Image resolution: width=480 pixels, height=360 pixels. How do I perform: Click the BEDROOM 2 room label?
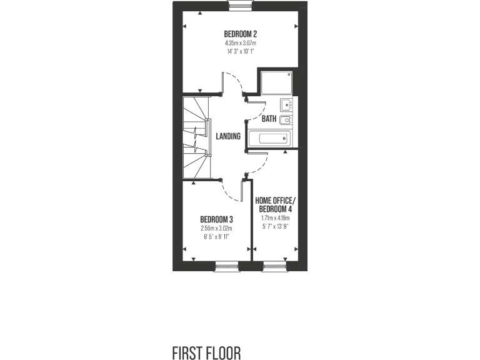click(x=241, y=34)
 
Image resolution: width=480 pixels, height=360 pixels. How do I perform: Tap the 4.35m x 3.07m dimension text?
click(x=241, y=43)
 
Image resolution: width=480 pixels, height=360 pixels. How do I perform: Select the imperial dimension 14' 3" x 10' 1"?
click(x=241, y=52)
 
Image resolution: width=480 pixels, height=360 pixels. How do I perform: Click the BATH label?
click(x=269, y=119)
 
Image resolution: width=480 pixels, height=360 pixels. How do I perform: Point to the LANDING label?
click(x=228, y=136)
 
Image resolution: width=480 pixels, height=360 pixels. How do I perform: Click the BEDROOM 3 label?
click(x=216, y=219)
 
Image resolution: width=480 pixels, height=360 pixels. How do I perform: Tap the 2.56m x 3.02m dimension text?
click(x=216, y=229)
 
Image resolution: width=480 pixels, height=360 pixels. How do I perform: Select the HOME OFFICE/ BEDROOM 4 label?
click(x=275, y=204)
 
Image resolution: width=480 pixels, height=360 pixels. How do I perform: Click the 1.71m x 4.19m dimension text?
click(x=275, y=219)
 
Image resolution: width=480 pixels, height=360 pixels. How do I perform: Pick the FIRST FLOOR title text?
click(x=206, y=353)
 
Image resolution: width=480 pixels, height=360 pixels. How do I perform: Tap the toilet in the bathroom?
click(x=284, y=120)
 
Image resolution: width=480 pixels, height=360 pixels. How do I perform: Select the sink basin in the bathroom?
click(x=286, y=104)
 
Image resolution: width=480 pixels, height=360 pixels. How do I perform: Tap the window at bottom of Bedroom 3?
click(x=227, y=267)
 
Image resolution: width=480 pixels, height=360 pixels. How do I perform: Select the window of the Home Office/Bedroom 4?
click(x=274, y=267)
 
